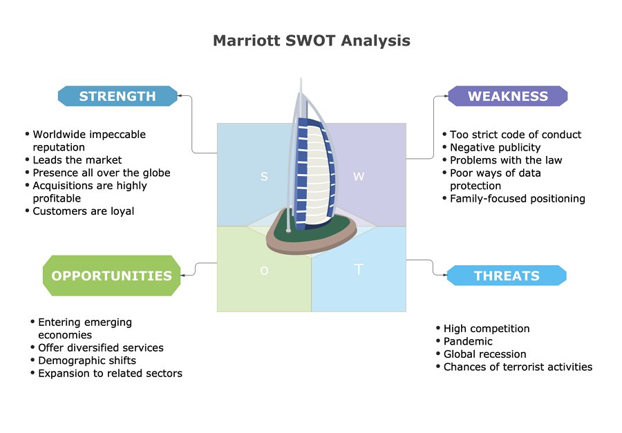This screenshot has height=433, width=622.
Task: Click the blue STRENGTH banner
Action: point(117,96)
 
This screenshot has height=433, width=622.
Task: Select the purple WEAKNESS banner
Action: point(508,96)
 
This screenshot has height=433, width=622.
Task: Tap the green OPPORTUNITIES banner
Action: point(111,276)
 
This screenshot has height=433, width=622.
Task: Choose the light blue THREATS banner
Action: point(507,276)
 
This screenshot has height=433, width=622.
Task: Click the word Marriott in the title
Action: point(246,41)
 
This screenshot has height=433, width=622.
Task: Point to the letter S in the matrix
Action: point(264,177)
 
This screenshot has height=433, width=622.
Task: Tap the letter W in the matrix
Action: point(359,177)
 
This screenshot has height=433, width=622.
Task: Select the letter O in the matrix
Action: point(264,271)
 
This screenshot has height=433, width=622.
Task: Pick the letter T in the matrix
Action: point(359,269)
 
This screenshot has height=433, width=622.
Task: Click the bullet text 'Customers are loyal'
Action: point(84,211)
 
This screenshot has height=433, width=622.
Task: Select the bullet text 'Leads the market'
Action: point(77,160)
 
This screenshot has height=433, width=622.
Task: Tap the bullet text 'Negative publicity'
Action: point(495,148)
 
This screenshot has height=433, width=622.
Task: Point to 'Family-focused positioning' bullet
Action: point(517,198)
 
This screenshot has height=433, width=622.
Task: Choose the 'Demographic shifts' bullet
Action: point(87,360)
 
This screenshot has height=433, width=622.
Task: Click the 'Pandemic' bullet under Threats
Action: point(468,341)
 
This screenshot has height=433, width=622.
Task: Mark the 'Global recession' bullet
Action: point(484,354)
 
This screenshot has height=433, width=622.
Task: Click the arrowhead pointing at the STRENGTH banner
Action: point(180,95)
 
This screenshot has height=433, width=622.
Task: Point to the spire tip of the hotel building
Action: point(301,79)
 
